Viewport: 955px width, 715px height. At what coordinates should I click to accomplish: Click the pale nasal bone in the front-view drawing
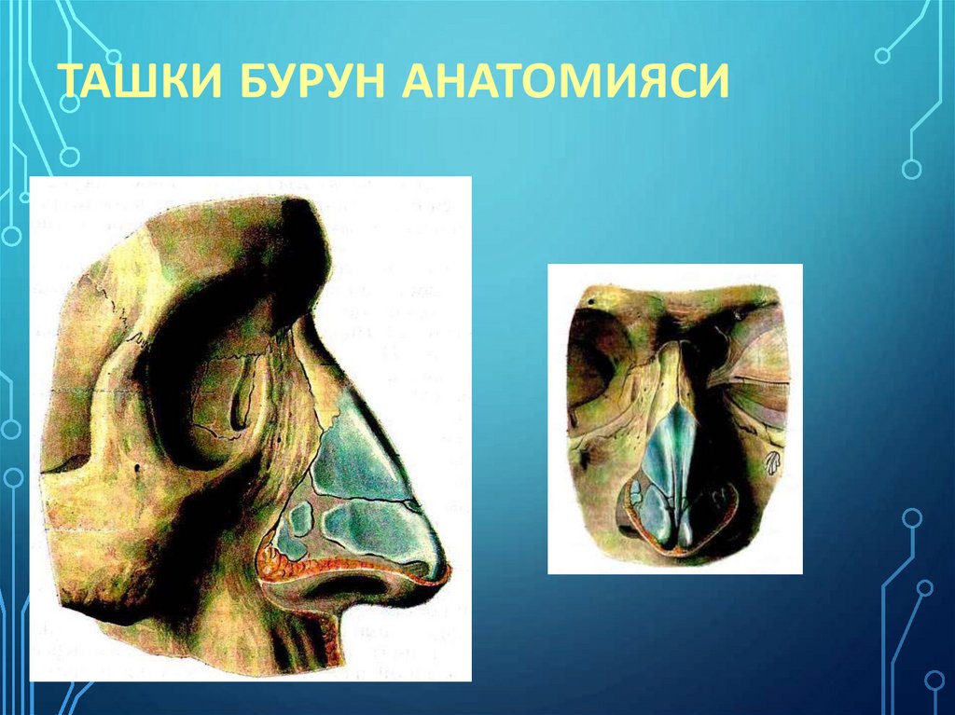click(x=668, y=373)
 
